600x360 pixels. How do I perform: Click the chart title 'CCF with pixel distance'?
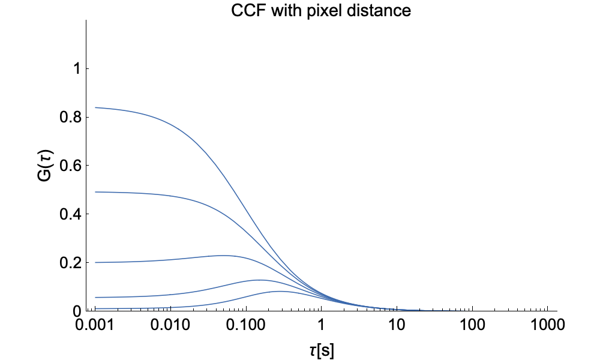pos(321,11)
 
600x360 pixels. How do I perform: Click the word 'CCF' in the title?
pos(245,11)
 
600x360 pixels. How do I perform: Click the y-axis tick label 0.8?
pos(70,118)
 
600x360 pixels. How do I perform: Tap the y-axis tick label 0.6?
pos(70,166)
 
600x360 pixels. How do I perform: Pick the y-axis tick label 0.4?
pos(70,214)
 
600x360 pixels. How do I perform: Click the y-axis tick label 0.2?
pos(70,263)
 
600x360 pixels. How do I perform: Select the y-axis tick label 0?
pos(77,311)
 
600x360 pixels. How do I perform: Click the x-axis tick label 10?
pos(397,327)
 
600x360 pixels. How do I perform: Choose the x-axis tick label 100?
pos(472,327)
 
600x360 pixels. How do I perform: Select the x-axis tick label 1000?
pos(548,327)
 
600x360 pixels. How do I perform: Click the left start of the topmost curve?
pos(95,108)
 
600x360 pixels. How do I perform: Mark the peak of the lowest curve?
pos(280,291)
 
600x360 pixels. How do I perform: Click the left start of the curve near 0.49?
pos(95,192)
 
